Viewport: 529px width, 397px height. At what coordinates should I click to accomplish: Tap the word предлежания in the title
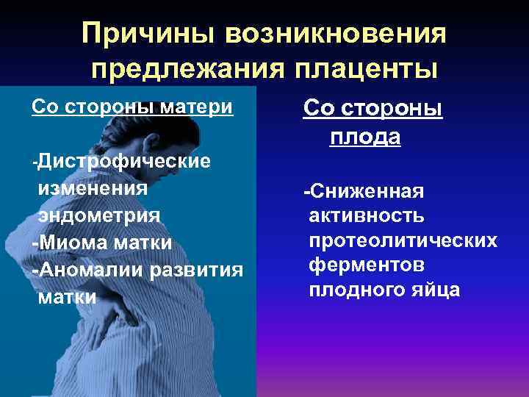click(181, 68)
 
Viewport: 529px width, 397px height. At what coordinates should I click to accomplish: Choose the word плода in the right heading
click(365, 136)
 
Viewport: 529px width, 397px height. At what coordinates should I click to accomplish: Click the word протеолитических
click(403, 240)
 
